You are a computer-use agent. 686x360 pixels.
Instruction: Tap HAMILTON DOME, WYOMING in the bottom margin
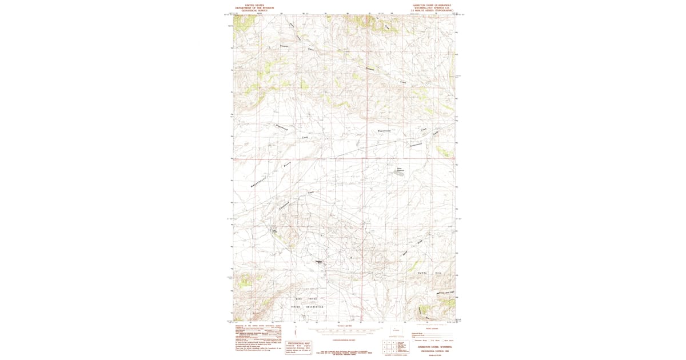pos(434,347)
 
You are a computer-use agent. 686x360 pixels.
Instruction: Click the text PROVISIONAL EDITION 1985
pos(434,351)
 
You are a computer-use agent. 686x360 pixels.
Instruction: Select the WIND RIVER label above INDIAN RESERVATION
pos(306,299)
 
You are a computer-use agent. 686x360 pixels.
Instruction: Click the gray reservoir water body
pos(401,172)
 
